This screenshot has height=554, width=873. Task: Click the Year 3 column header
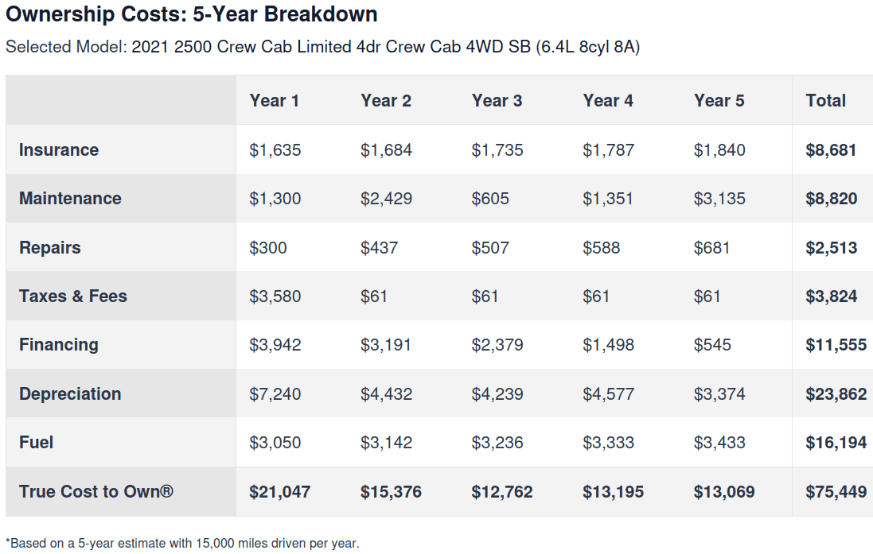[x=497, y=101]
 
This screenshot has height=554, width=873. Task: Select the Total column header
[x=826, y=101]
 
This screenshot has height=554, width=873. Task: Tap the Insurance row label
[x=59, y=150]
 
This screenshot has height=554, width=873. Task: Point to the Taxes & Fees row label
[x=73, y=296]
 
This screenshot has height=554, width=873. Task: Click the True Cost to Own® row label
[x=96, y=492]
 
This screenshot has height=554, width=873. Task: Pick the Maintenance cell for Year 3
[x=490, y=199]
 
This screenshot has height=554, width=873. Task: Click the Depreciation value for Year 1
[x=275, y=393]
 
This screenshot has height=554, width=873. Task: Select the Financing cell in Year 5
[x=712, y=345]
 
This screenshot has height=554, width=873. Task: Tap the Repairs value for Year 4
[x=602, y=247]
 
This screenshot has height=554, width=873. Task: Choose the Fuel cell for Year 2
[x=387, y=443]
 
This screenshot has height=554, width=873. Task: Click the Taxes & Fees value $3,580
[x=275, y=296]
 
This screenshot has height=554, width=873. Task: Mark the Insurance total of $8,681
[x=831, y=150]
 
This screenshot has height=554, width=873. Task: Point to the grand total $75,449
[x=836, y=492]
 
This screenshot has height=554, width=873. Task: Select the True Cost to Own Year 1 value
[x=279, y=492]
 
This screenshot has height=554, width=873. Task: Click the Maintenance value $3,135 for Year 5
[x=719, y=199]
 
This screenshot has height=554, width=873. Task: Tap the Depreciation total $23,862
[x=836, y=393]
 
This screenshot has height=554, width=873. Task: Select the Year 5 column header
[x=719, y=101]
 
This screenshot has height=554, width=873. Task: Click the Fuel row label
[x=36, y=443]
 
